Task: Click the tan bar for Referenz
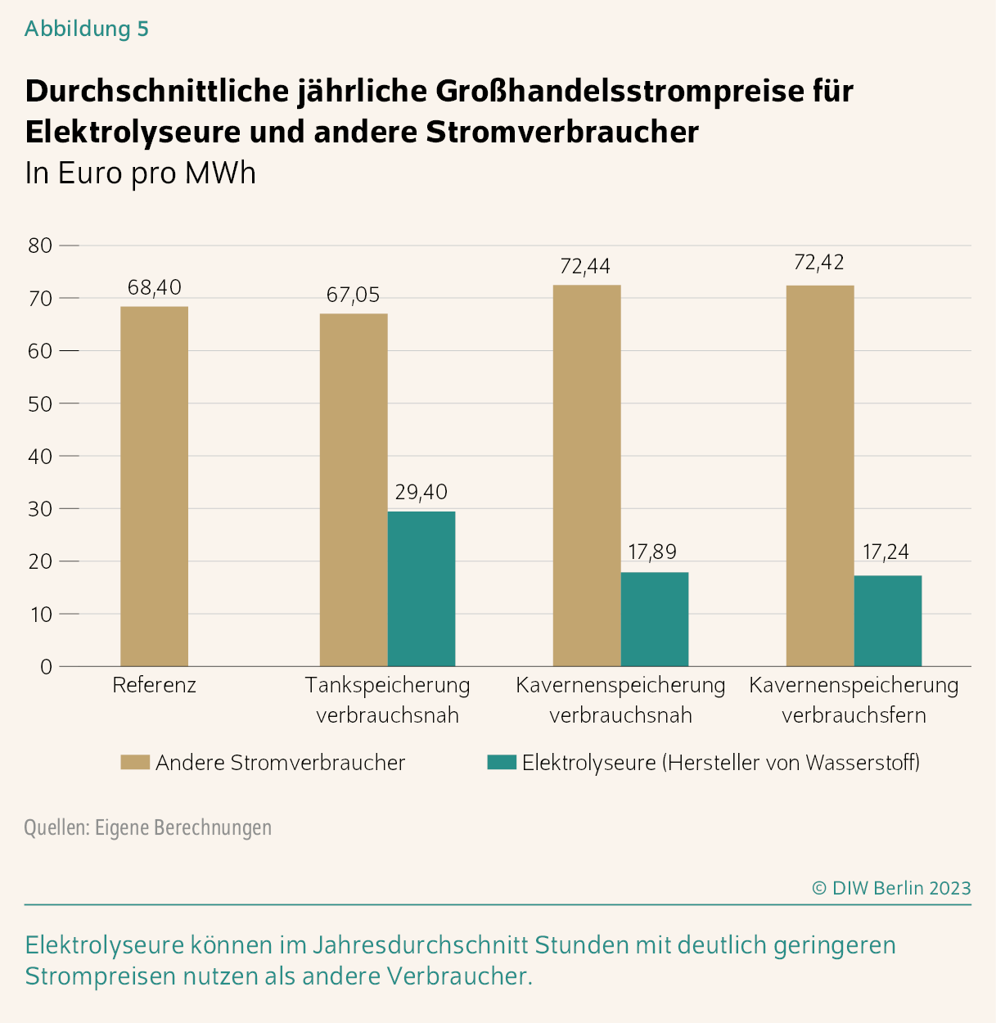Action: click(x=154, y=486)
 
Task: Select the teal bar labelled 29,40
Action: click(x=421, y=588)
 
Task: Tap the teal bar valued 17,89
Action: click(x=654, y=619)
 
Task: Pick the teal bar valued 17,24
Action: click(x=887, y=620)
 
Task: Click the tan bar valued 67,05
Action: click(x=354, y=489)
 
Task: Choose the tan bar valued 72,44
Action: click(x=587, y=475)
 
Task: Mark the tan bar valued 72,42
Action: click(x=820, y=475)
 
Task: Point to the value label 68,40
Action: click(x=154, y=288)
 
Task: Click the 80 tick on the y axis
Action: click(x=40, y=246)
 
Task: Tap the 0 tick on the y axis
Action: click(x=46, y=667)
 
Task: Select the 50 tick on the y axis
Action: click(x=40, y=403)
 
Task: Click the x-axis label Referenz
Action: click(x=154, y=685)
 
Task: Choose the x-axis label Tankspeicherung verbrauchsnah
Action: click(x=387, y=700)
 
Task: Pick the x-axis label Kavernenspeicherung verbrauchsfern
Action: click(x=854, y=700)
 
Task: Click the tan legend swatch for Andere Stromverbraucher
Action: click(x=135, y=763)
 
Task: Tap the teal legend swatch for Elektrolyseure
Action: click(x=502, y=763)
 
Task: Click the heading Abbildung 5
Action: click(x=87, y=29)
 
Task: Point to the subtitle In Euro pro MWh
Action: click(x=141, y=174)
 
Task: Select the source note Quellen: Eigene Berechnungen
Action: click(x=147, y=827)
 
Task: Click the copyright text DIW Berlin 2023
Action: click(x=891, y=888)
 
